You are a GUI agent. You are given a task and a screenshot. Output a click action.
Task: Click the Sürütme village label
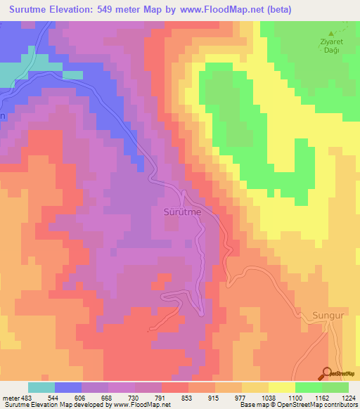(x=183, y=211)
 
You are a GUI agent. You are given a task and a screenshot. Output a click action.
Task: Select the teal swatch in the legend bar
(x=41, y=387)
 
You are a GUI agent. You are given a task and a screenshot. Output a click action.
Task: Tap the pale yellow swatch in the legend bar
(x=281, y=387)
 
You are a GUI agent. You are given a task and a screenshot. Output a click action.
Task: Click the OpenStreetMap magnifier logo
(x=327, y=373)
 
